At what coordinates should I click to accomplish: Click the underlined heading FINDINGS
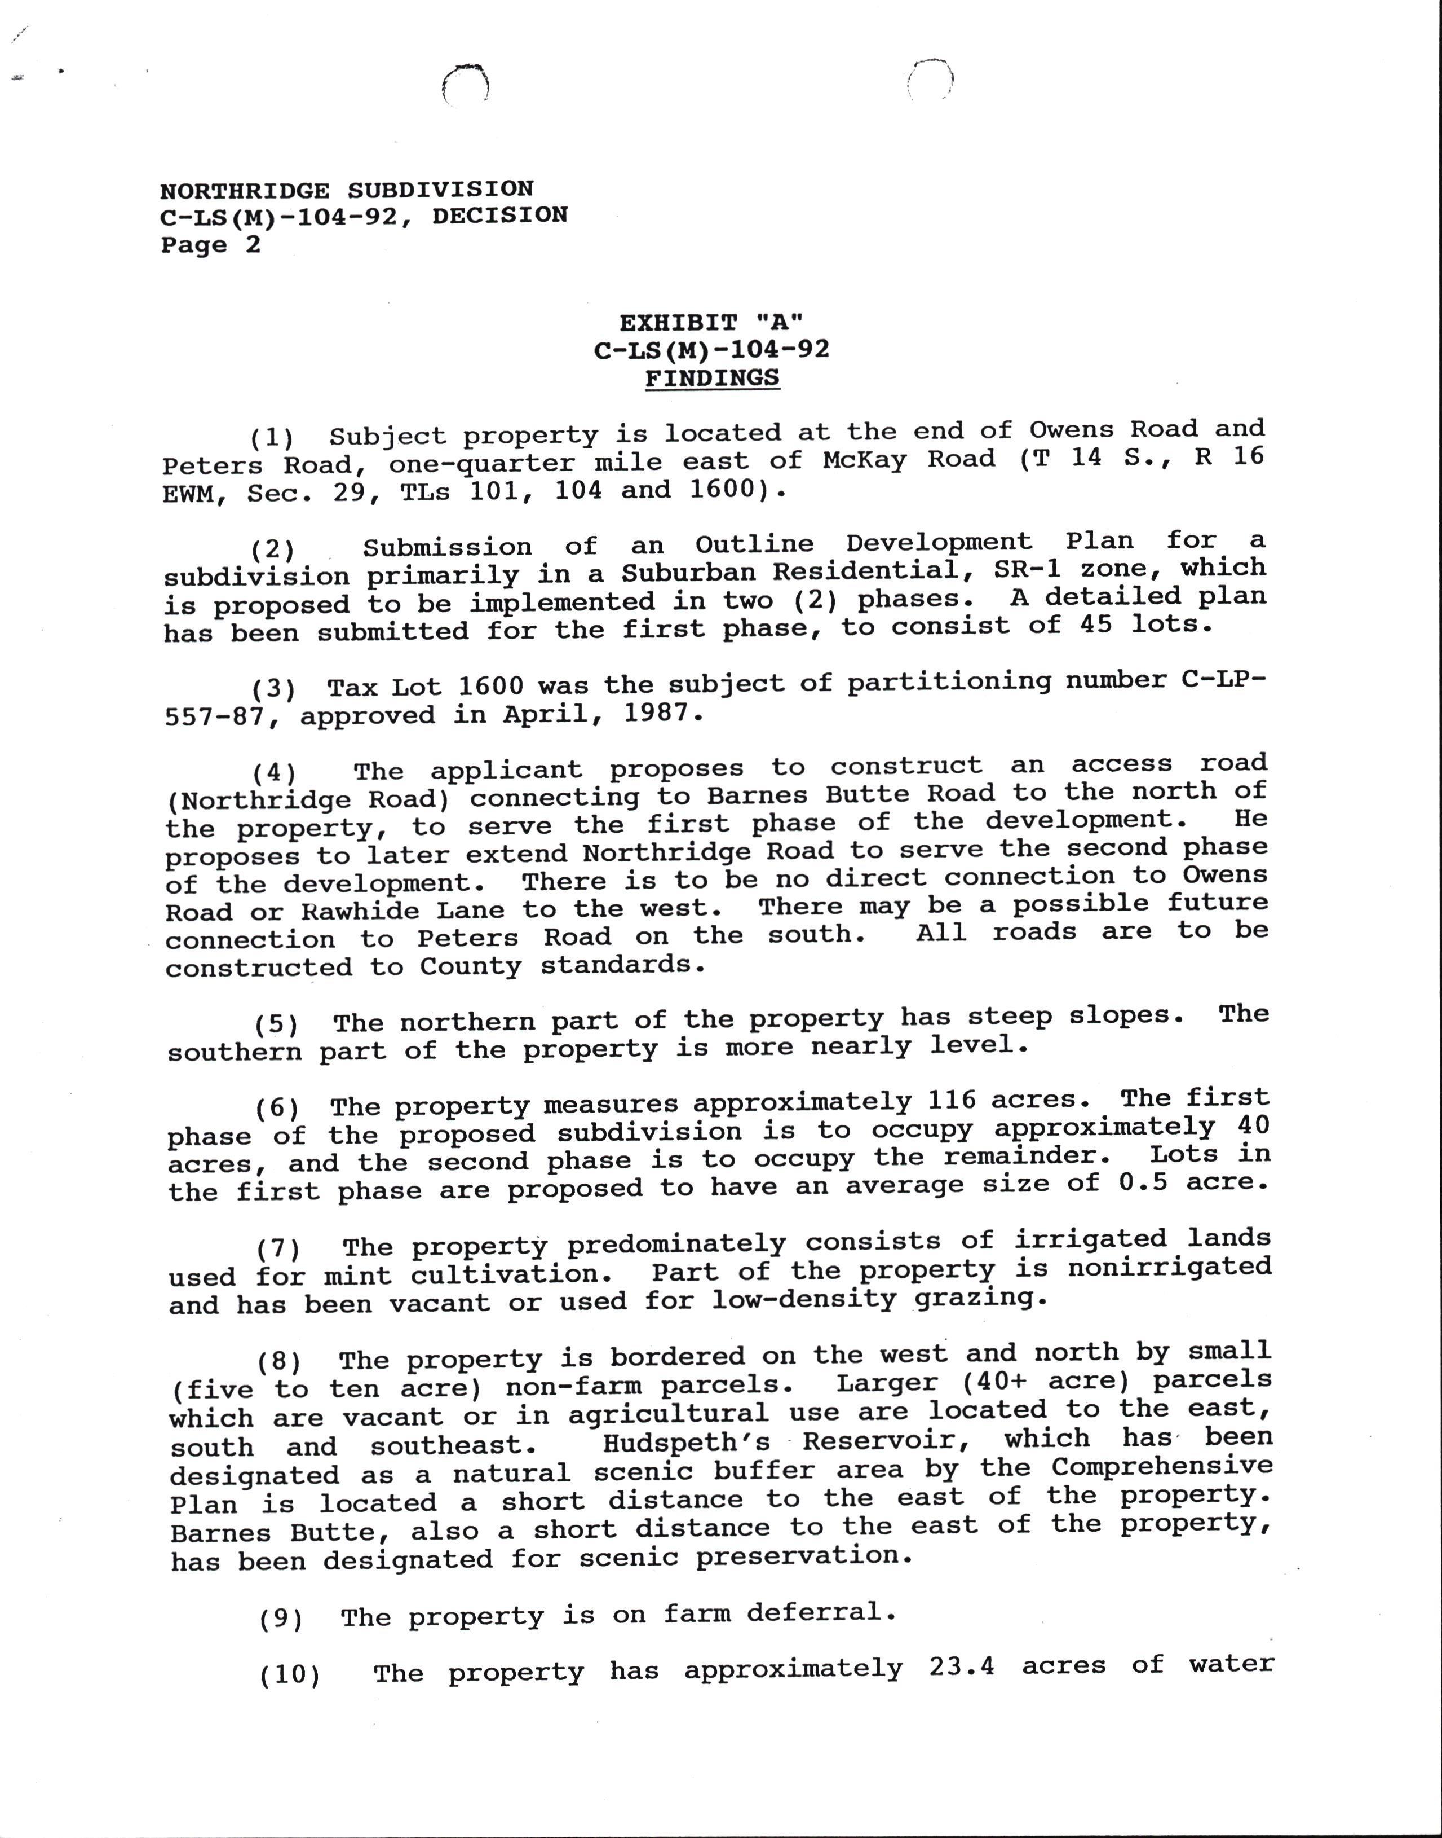pyautogui.click(x=712, y=379)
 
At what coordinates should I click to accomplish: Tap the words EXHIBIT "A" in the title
pyautogui.click(x=711, y=323)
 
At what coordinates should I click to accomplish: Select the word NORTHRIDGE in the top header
pyautogui.click(x=245, y=190)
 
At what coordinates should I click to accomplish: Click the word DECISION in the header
pyautogui.click(x=500, y=216)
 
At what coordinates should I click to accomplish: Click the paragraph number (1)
pyautogui.click(x=272, y=438)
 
